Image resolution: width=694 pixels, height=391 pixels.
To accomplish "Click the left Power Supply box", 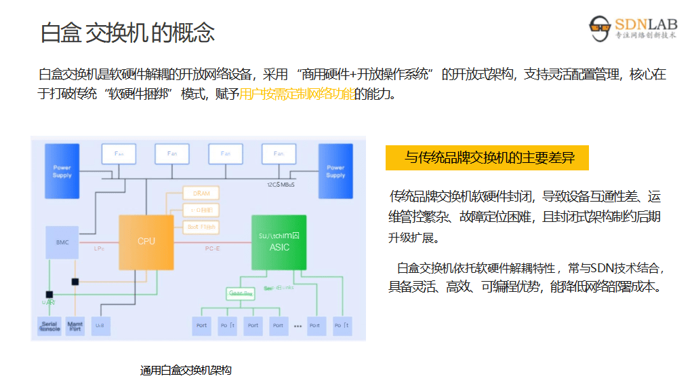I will (62, 170).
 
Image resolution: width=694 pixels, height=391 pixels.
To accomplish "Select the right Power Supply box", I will (335, 170).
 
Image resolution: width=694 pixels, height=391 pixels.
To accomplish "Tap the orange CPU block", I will (146, 241).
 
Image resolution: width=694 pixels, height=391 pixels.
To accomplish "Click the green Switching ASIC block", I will (279, 242).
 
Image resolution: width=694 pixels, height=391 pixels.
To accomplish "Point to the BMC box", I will (62, 242).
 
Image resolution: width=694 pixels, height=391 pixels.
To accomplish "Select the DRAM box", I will (201, 193).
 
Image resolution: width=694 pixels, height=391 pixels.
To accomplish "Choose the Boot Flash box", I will (201, 226).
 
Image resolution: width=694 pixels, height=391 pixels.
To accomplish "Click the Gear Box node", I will (241, 293).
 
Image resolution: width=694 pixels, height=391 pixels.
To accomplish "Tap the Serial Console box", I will (49, 326).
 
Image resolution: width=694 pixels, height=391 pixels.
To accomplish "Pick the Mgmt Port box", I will (75, 326).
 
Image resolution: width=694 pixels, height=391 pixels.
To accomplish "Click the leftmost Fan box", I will (119, 153).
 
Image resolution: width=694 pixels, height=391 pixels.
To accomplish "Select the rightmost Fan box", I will (279, 153).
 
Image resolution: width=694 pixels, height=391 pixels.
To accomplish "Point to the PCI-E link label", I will (213, 248).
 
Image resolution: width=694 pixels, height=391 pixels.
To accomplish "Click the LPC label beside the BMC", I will (99, 248).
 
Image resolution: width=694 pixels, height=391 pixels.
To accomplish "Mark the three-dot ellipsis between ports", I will (298, 327).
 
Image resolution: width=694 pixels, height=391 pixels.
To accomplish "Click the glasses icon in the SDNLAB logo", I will (600, 27).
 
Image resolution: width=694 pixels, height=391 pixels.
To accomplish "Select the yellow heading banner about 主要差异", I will (487, 158).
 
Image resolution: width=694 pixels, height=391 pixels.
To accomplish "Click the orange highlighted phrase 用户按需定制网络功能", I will (297, 94).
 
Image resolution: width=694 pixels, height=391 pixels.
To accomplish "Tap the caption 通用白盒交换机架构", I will (186, 370).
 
